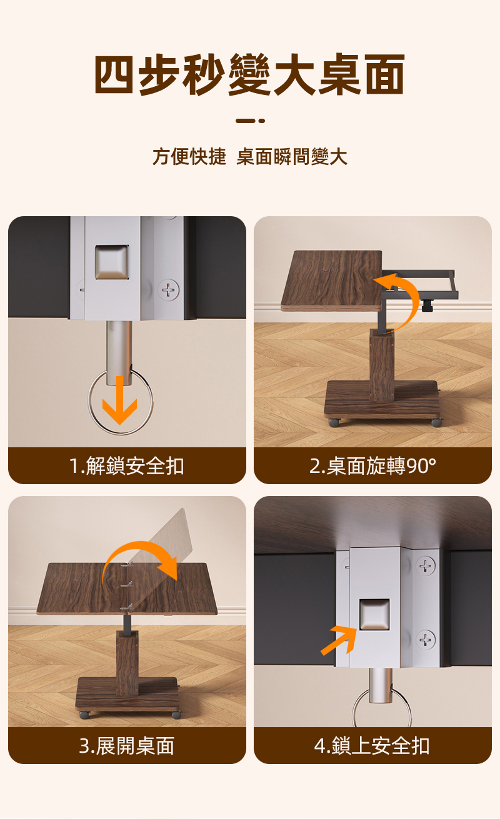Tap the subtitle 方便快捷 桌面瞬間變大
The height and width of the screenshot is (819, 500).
tap(250, 156)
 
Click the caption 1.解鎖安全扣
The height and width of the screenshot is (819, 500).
tap(126, 466)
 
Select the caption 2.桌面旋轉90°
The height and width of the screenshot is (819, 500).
tap(372, 466)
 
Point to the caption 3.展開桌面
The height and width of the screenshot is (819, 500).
tap(126, 746)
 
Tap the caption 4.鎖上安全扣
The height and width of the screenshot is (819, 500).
tap(372, 746)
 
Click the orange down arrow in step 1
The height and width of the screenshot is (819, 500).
tap(119, 400)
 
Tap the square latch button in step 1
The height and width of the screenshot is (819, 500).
tap(112, 262)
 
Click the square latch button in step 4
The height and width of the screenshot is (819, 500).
tap(374, 614)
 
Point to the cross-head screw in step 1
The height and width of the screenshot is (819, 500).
tap(169, 290)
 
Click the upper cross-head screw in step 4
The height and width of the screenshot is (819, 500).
tap(426, 566)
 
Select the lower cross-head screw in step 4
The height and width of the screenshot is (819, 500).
tap(426, 640)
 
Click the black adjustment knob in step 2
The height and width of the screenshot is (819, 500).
tap(427, 305)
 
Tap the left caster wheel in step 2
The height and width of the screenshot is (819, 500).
tap(334, 423)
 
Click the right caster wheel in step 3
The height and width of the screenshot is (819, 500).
tap(176, 715)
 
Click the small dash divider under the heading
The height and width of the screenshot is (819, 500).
tap(250, 121)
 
